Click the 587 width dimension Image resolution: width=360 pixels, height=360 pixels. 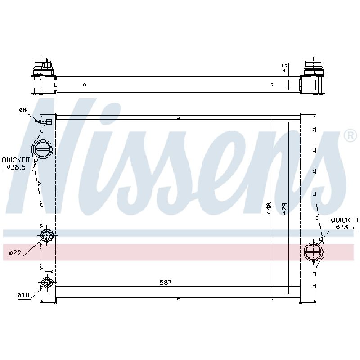pyautogui.click(x=166, y=283)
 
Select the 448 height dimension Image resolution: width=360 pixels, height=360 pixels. pyautogui.click(x=269, y=208)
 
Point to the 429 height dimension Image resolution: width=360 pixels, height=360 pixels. pyautogui.click(x=284, y=208)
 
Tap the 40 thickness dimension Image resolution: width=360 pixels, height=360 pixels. pyautogui.click(x=284, y=68)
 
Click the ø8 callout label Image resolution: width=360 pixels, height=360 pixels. pyautogui.click(x=22, y=110)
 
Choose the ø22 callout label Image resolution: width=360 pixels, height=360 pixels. pyautogui.click(x=15, y=253)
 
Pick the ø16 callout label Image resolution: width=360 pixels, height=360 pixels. pyautogui.click(x=23, y=295)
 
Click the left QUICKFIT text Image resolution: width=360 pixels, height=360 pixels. pyautogui.click(x=16, y=160)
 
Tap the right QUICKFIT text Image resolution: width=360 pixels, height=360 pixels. pyautogui.click(x=344, y=220)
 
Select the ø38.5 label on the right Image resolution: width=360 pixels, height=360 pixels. pyautogui.click(x=345, y=227)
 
